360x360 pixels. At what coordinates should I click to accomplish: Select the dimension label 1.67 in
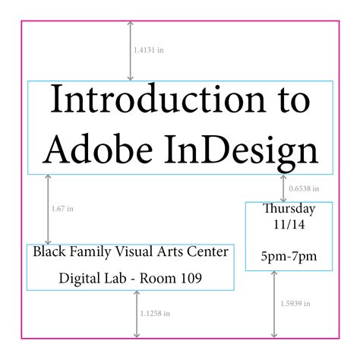(62, 208)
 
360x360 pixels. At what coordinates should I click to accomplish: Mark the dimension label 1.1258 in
(155, 313)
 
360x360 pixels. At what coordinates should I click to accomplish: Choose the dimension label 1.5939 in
(293, 304)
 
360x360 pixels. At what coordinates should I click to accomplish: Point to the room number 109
(188, 279)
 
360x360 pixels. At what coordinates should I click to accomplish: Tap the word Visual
(130, 251)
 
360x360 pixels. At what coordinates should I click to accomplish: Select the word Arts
(168, 251)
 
